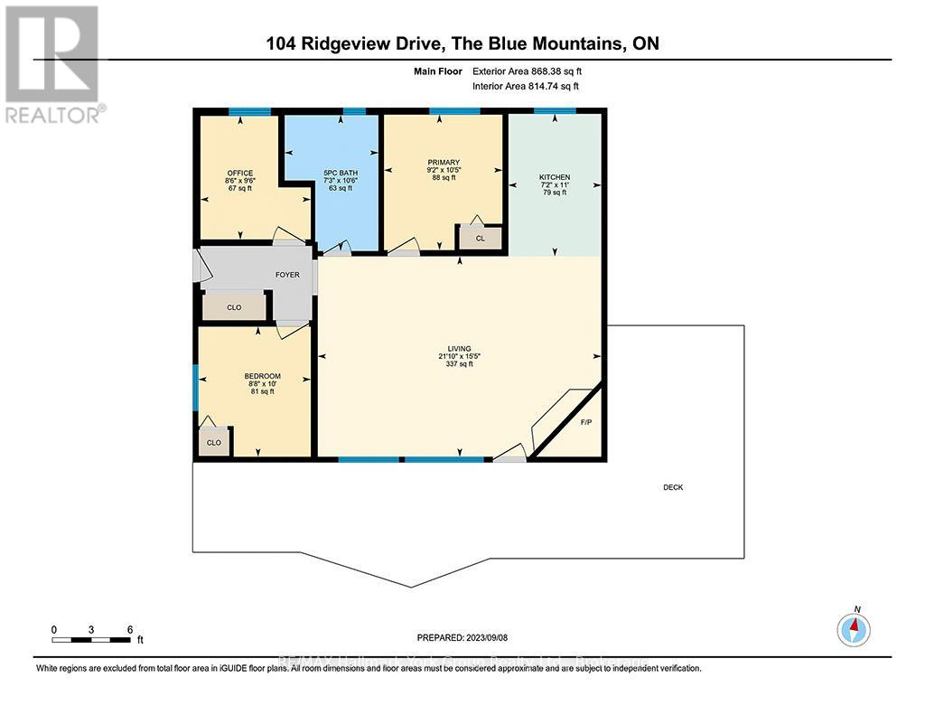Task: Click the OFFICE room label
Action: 240,173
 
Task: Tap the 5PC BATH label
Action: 335,173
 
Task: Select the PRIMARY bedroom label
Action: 444,163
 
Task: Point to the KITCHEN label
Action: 554,177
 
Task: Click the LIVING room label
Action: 461,348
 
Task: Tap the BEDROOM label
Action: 262,376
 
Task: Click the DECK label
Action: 673,487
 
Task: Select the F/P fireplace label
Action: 584,423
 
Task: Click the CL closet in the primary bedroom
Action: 481,238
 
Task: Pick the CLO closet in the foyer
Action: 234,307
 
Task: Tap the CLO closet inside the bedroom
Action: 214,442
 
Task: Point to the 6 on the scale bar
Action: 130,629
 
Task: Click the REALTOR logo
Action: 52,63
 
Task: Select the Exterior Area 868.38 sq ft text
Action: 533,71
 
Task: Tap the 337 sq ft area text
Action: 461,364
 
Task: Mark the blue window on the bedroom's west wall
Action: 195,387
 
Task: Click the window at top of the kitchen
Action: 555,111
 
